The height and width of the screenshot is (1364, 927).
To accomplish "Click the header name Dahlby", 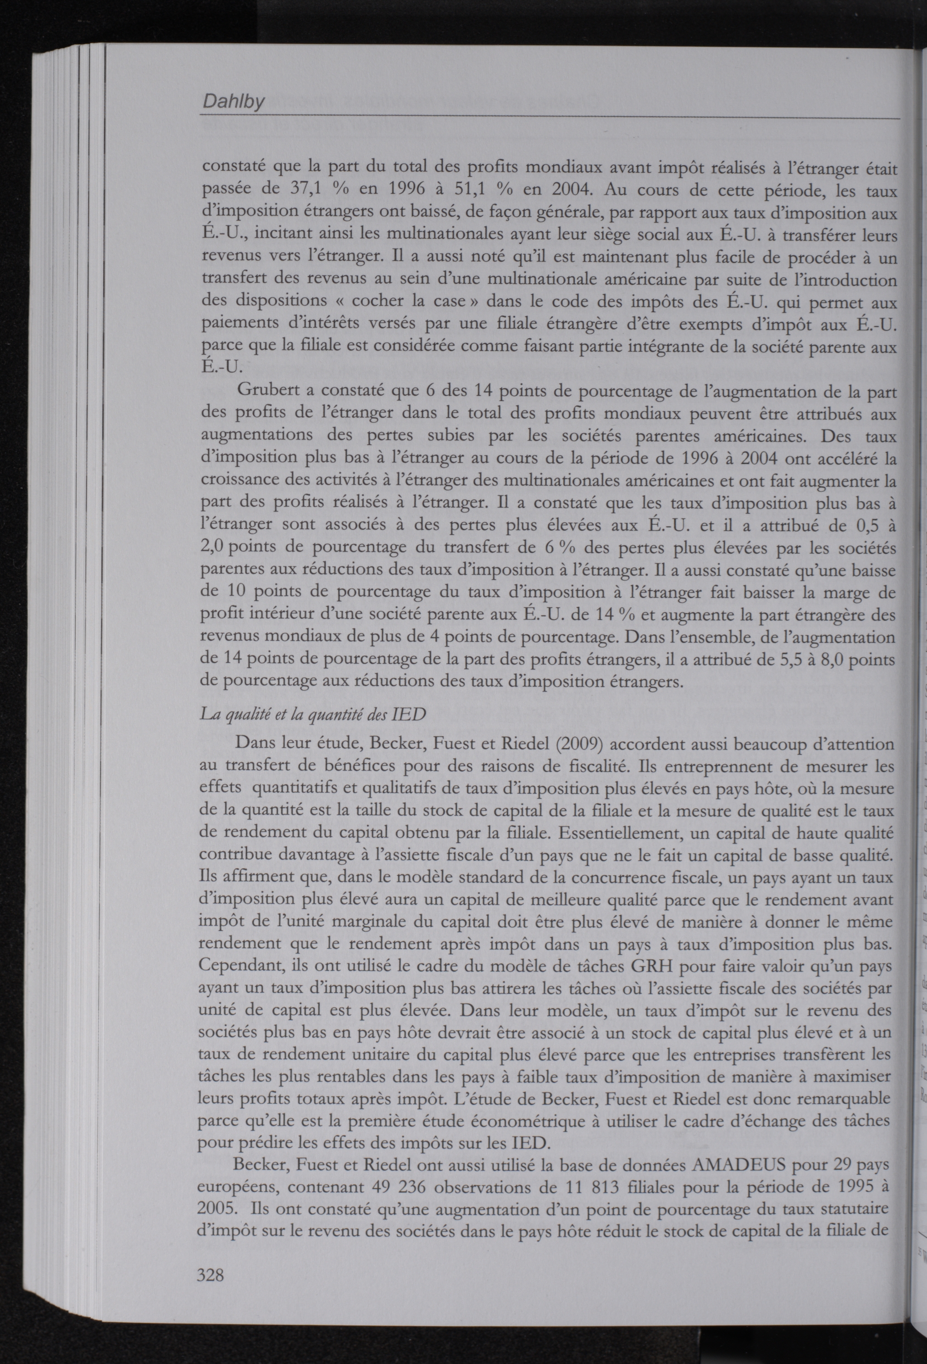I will (x=233, y=102).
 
